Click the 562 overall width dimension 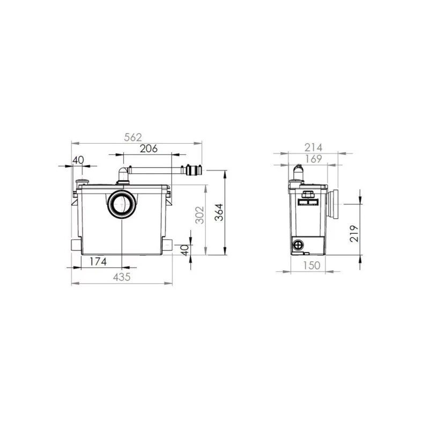pyautogui.click(x=133, y=137)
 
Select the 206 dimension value pyautogui.click(x=149, y=149)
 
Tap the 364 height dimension pyautogui.click(x=219, y=212)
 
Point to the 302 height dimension pyautogui.click(x=200, y=215)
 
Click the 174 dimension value pyautogui.click(x=98, y=262)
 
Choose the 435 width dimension pyautogui.click(x=122, y=277)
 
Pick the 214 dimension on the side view pyautogui.click(x=313, y=147)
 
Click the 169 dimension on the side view pyautogui.click(x=313, y=159)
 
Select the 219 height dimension pyautogui.click(x=354, y=233)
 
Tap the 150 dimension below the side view pyautogui.click(x=312, y=265)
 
